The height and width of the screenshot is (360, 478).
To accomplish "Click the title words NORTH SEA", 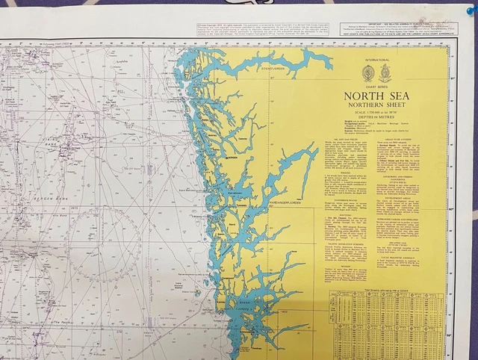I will tap(376, 96).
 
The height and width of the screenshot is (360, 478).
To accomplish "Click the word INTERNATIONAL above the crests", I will tap(377, 59).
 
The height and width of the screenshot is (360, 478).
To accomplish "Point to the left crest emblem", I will tap(368, 73).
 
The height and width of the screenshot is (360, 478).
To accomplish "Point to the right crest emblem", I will tap(385, 73).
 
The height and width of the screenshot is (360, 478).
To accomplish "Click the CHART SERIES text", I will tap(376, 87).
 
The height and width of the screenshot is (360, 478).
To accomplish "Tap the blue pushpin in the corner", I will tap(469, 10).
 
